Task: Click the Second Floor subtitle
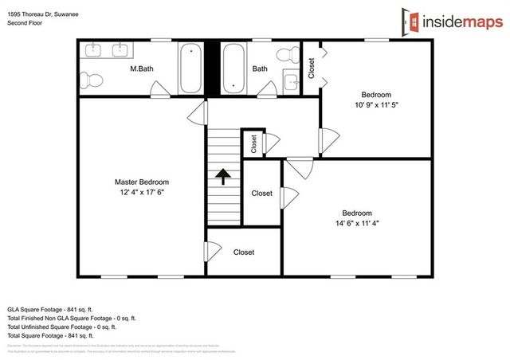coord(25,23)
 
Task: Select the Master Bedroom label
coord(141,182)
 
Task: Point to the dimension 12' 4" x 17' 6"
coord(141,192)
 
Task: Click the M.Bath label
coord(142,69)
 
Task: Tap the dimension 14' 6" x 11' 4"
coord(356,224)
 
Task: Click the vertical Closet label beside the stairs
coord(254,143)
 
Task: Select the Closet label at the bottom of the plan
coord(244,252)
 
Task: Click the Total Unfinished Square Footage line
coord(62,327)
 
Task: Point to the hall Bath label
coord(260,69)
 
